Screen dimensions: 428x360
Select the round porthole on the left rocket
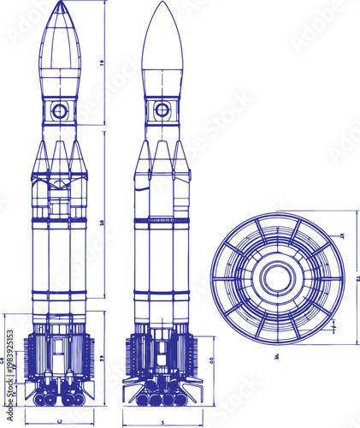pyautogui.click(x=59, y=110)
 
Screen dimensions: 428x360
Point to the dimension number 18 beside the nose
pyautogui.click(x=102, y=62)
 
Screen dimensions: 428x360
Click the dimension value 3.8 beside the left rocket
pyautogui.click(x=102, y=223)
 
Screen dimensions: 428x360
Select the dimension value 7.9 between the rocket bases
pyautogui.click(x=102, y=357)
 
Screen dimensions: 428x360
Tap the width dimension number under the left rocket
pyautogui.click(x=59, y=422)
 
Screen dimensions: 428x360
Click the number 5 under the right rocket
pyautogui.click(x=162, y=422)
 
